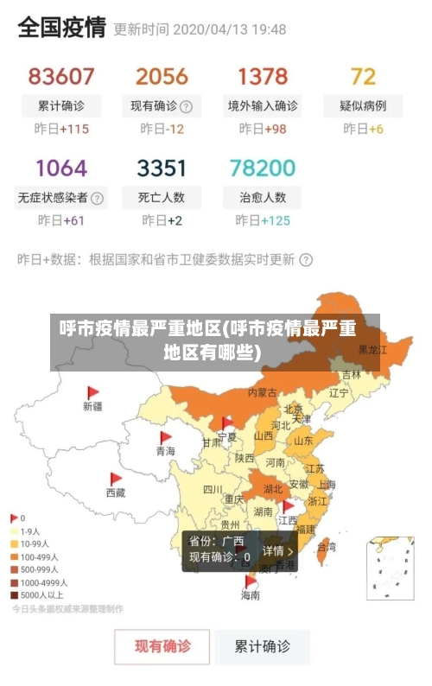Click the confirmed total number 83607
click(61, 76)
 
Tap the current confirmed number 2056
click(162, 76)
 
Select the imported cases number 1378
click(263, 76)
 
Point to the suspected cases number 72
click(363, 76)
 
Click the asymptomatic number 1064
click(61, 167)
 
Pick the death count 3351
click(162, 167)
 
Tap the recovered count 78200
click(263, 167)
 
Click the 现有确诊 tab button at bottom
click(162, 645)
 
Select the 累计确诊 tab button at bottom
click(264, 645)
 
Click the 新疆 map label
click(92, 405)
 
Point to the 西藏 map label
click(116, 492)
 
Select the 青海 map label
click(165, 451)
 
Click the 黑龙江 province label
click(373, 350)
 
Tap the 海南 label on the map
click(250, 595)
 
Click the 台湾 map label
click(327, 546)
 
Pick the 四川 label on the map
click(213, 489)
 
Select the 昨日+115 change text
click(61, 129)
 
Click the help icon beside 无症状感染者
click(97, 198)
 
